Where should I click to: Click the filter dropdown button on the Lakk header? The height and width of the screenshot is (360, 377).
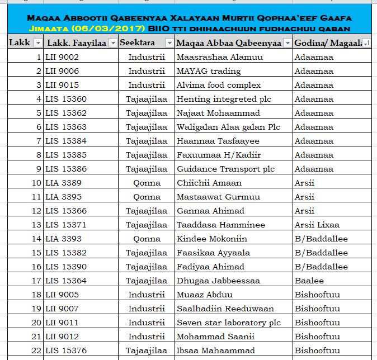(x=37, y=43)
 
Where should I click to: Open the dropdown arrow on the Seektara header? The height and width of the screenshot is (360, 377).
(x=169, y=43)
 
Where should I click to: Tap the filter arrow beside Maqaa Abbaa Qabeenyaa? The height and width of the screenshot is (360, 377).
(x=288, y=43)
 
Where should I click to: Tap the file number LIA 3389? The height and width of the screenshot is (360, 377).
(x=63, y=183)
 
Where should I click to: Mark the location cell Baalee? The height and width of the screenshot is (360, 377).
(x=309, y=281)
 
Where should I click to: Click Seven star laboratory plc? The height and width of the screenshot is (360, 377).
(x=229, y=323)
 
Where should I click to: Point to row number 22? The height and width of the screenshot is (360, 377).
(x=36, y=350)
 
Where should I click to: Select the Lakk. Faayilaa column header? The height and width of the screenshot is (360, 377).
(x=77, y=43)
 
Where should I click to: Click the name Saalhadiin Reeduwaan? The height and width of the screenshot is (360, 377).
(x=225, y=309)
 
